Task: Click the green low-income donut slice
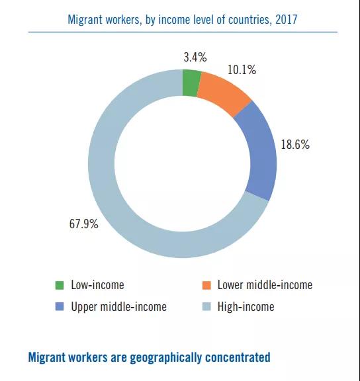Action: tap(191, 83)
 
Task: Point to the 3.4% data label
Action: tap(195, 58)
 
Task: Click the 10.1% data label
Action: tap(242, 69)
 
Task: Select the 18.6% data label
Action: tap(295, 144)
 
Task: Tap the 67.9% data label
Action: tap(84, 224)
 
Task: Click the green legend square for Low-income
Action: tap(60, 285)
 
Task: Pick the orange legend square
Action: tap(206, 285)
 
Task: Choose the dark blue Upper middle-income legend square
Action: tap(60, 306)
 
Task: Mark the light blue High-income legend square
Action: tap(206, 306)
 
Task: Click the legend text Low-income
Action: tap(97, 285)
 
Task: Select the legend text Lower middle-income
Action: tap(265, 285)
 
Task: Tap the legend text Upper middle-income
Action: tap(119, 307)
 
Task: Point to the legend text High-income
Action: tap(246, 307)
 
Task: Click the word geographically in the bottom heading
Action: tap(166, 358)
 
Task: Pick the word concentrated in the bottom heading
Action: tap(238, 357)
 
